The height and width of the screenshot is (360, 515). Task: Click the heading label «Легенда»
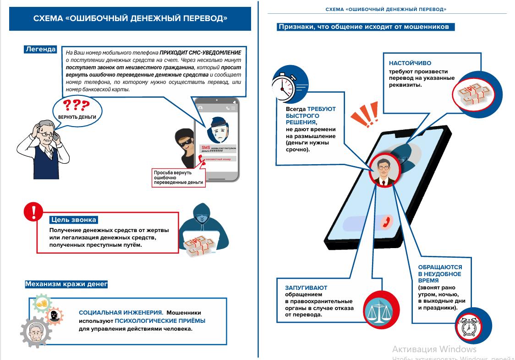pos(41,50)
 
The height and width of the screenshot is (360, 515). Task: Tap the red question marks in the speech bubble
pos(77,105)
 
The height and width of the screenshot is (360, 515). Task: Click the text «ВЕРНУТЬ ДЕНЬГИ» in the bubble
pos(77,117)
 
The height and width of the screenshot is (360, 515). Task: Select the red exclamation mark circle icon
pos(33,211)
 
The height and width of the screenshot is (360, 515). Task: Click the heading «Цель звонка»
pos(73,220)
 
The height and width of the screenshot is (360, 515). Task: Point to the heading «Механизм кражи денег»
pos(66,284)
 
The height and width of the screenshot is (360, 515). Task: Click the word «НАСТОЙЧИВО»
pos(410,63)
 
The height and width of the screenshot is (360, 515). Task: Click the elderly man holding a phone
pos(44,142)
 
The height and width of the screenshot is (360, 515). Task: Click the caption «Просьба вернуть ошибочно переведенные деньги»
pos(178,178)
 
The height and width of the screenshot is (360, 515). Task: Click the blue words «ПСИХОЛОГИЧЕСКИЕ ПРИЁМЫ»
pos(160,321)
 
